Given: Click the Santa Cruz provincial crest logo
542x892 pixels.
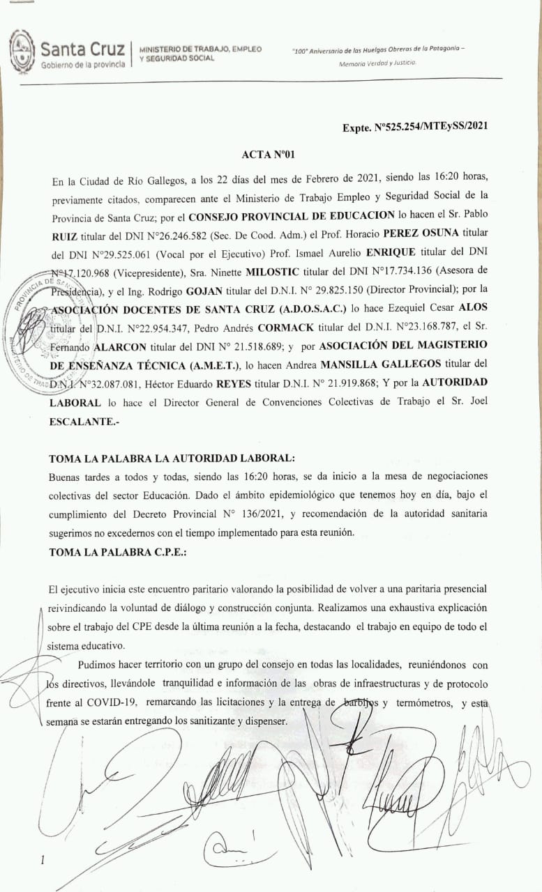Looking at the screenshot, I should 22,50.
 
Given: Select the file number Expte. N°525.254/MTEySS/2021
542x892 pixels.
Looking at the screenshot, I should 414,127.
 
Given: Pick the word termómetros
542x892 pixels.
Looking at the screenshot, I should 425,702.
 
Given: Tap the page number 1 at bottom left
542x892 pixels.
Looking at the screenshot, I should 42,860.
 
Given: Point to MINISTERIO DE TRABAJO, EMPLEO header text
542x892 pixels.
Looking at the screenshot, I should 201,49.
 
